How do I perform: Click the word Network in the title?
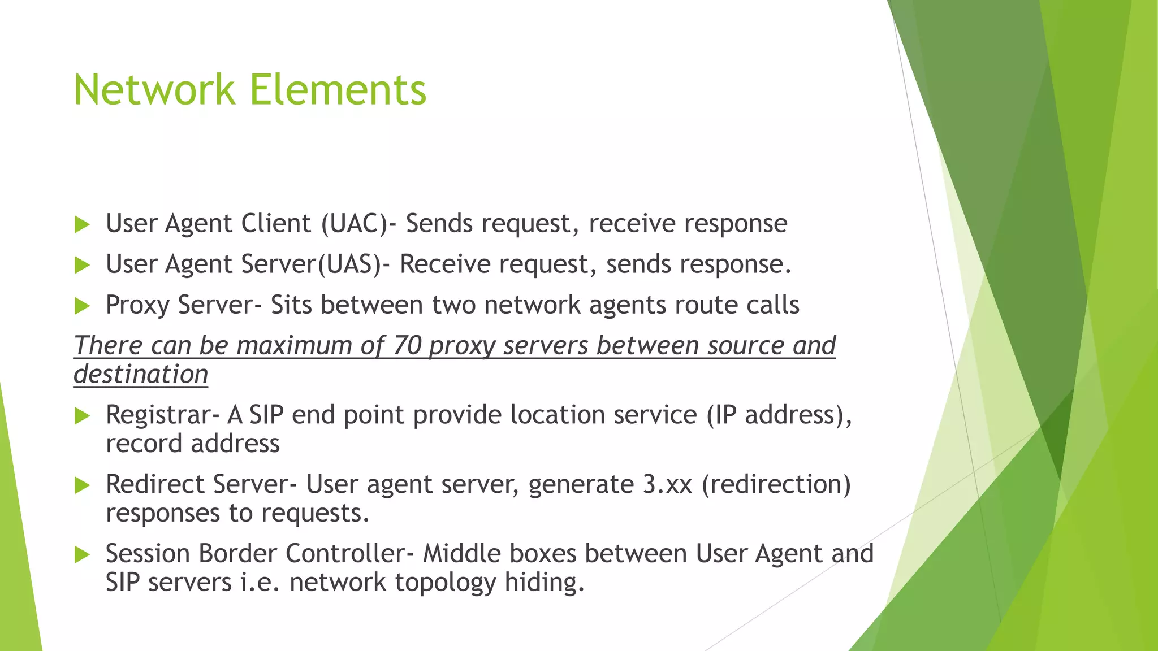pyautogui.click(x=154, y=90)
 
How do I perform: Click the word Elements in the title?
pyautogui.click(x=338, y=90)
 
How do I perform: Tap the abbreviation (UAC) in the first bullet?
pyautogui.click(x=355, y=224)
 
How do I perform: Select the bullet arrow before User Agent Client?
pyautogui.click(x=83, y=225)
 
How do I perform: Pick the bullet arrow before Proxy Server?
pyautogui.click(x=83, y=306)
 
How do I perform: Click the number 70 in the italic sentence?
pyautogui.click(x=407, y=346)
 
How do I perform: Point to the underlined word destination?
pyautogui.click(x=141, y=375)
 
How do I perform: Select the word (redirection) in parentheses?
pyautogui.click(x=776, y=485)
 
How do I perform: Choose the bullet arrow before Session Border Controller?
pyautogui.click(x=83, y=555)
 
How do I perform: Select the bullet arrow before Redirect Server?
pyautogui.click(x=83, y=485)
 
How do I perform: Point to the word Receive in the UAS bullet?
pyautogui.click(x=444, y=264)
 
